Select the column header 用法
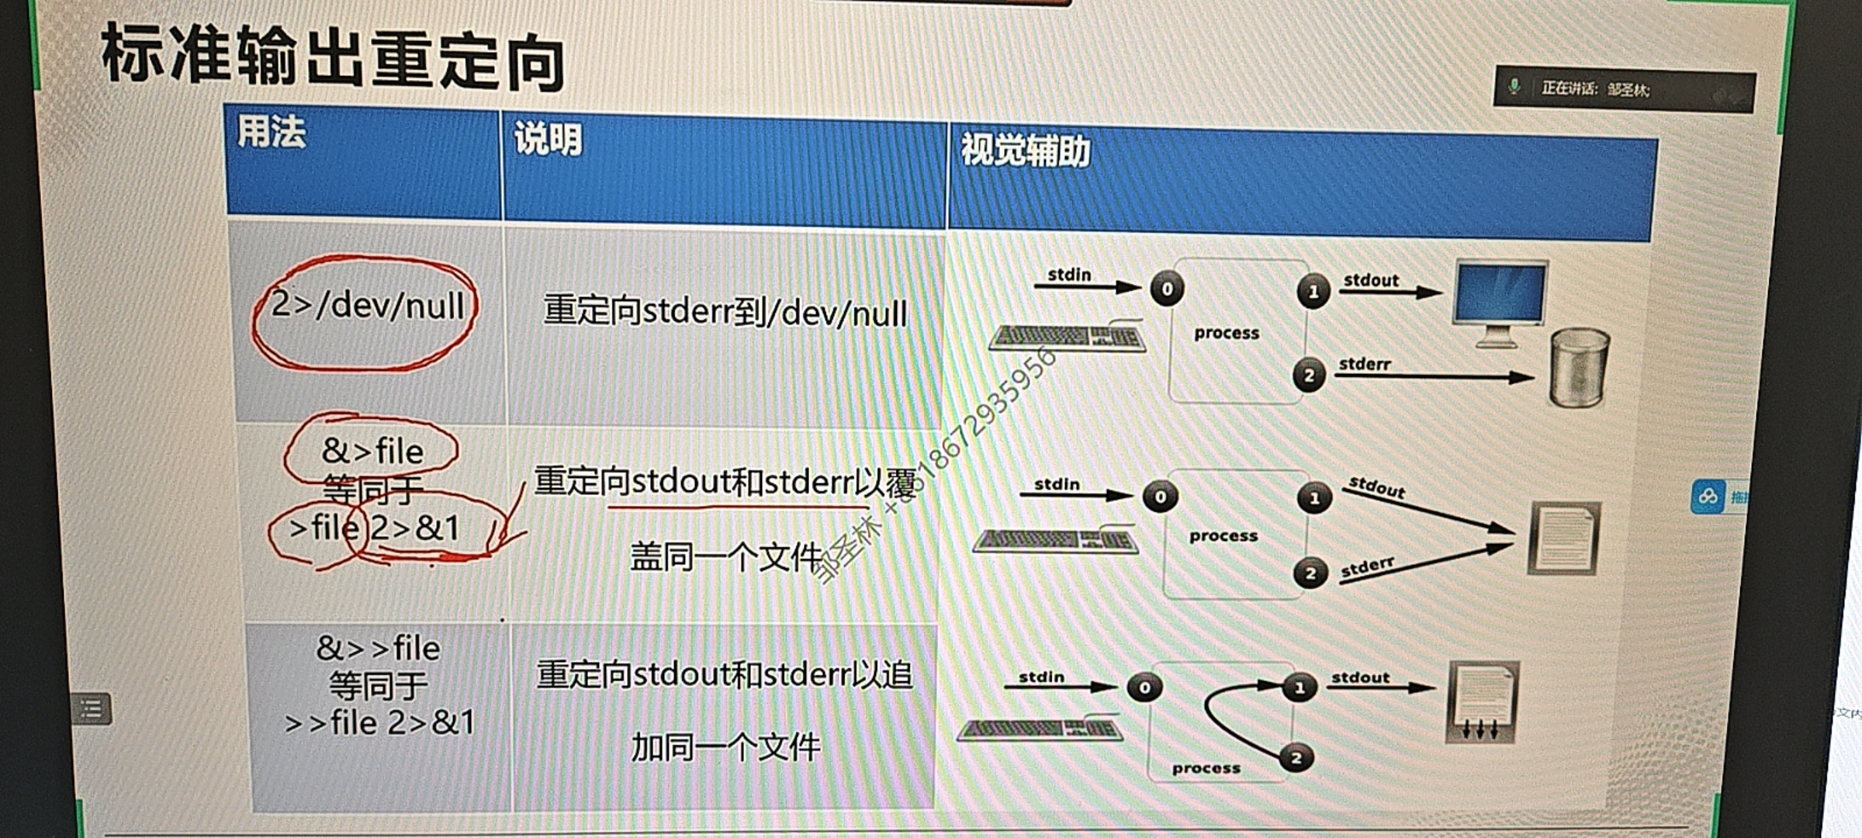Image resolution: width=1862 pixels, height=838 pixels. [271, 131]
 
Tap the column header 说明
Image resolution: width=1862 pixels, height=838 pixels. [548, 140]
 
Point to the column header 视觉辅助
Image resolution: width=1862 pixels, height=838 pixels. [1025, 150]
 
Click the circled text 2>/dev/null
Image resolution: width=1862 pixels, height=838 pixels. [367, 306]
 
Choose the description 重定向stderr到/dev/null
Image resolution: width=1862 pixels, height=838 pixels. [725, 313]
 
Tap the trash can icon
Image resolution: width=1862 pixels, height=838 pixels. [1578, 367]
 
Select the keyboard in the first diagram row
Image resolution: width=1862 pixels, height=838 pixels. [1066, 338]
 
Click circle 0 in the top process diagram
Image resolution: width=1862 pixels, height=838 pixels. [1167, 289]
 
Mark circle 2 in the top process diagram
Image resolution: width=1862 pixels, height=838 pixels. [1309, 376]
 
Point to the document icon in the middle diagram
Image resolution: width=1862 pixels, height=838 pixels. [1563, 538]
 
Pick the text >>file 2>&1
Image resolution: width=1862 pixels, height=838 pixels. [379, 723]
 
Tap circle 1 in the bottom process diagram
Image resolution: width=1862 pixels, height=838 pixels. [1299, 687]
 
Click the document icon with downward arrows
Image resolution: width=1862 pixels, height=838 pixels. [1482, 703]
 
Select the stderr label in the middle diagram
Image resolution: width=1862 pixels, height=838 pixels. [1367, 567]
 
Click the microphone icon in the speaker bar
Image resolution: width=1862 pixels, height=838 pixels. [1514, 87]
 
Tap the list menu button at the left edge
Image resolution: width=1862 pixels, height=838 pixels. [92, 708]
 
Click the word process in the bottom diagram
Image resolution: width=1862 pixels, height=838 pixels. [1206, 768]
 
